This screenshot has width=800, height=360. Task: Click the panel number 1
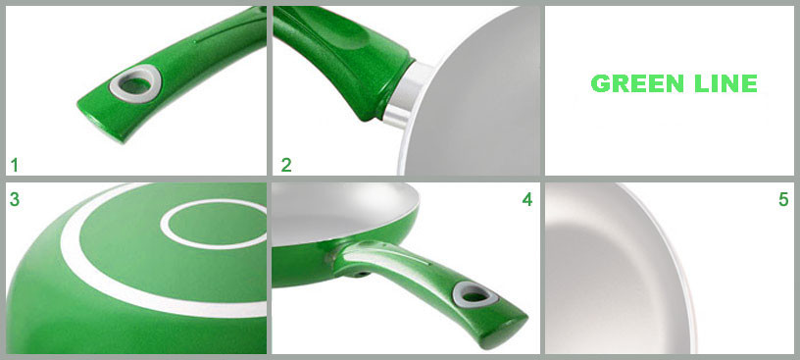15,166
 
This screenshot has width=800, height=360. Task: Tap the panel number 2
286,166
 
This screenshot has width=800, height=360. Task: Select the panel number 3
15,200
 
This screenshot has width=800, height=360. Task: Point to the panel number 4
527,200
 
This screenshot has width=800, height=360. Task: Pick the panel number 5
783,200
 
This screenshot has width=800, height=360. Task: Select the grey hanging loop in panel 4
475,294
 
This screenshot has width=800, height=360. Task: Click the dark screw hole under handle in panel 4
363,274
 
